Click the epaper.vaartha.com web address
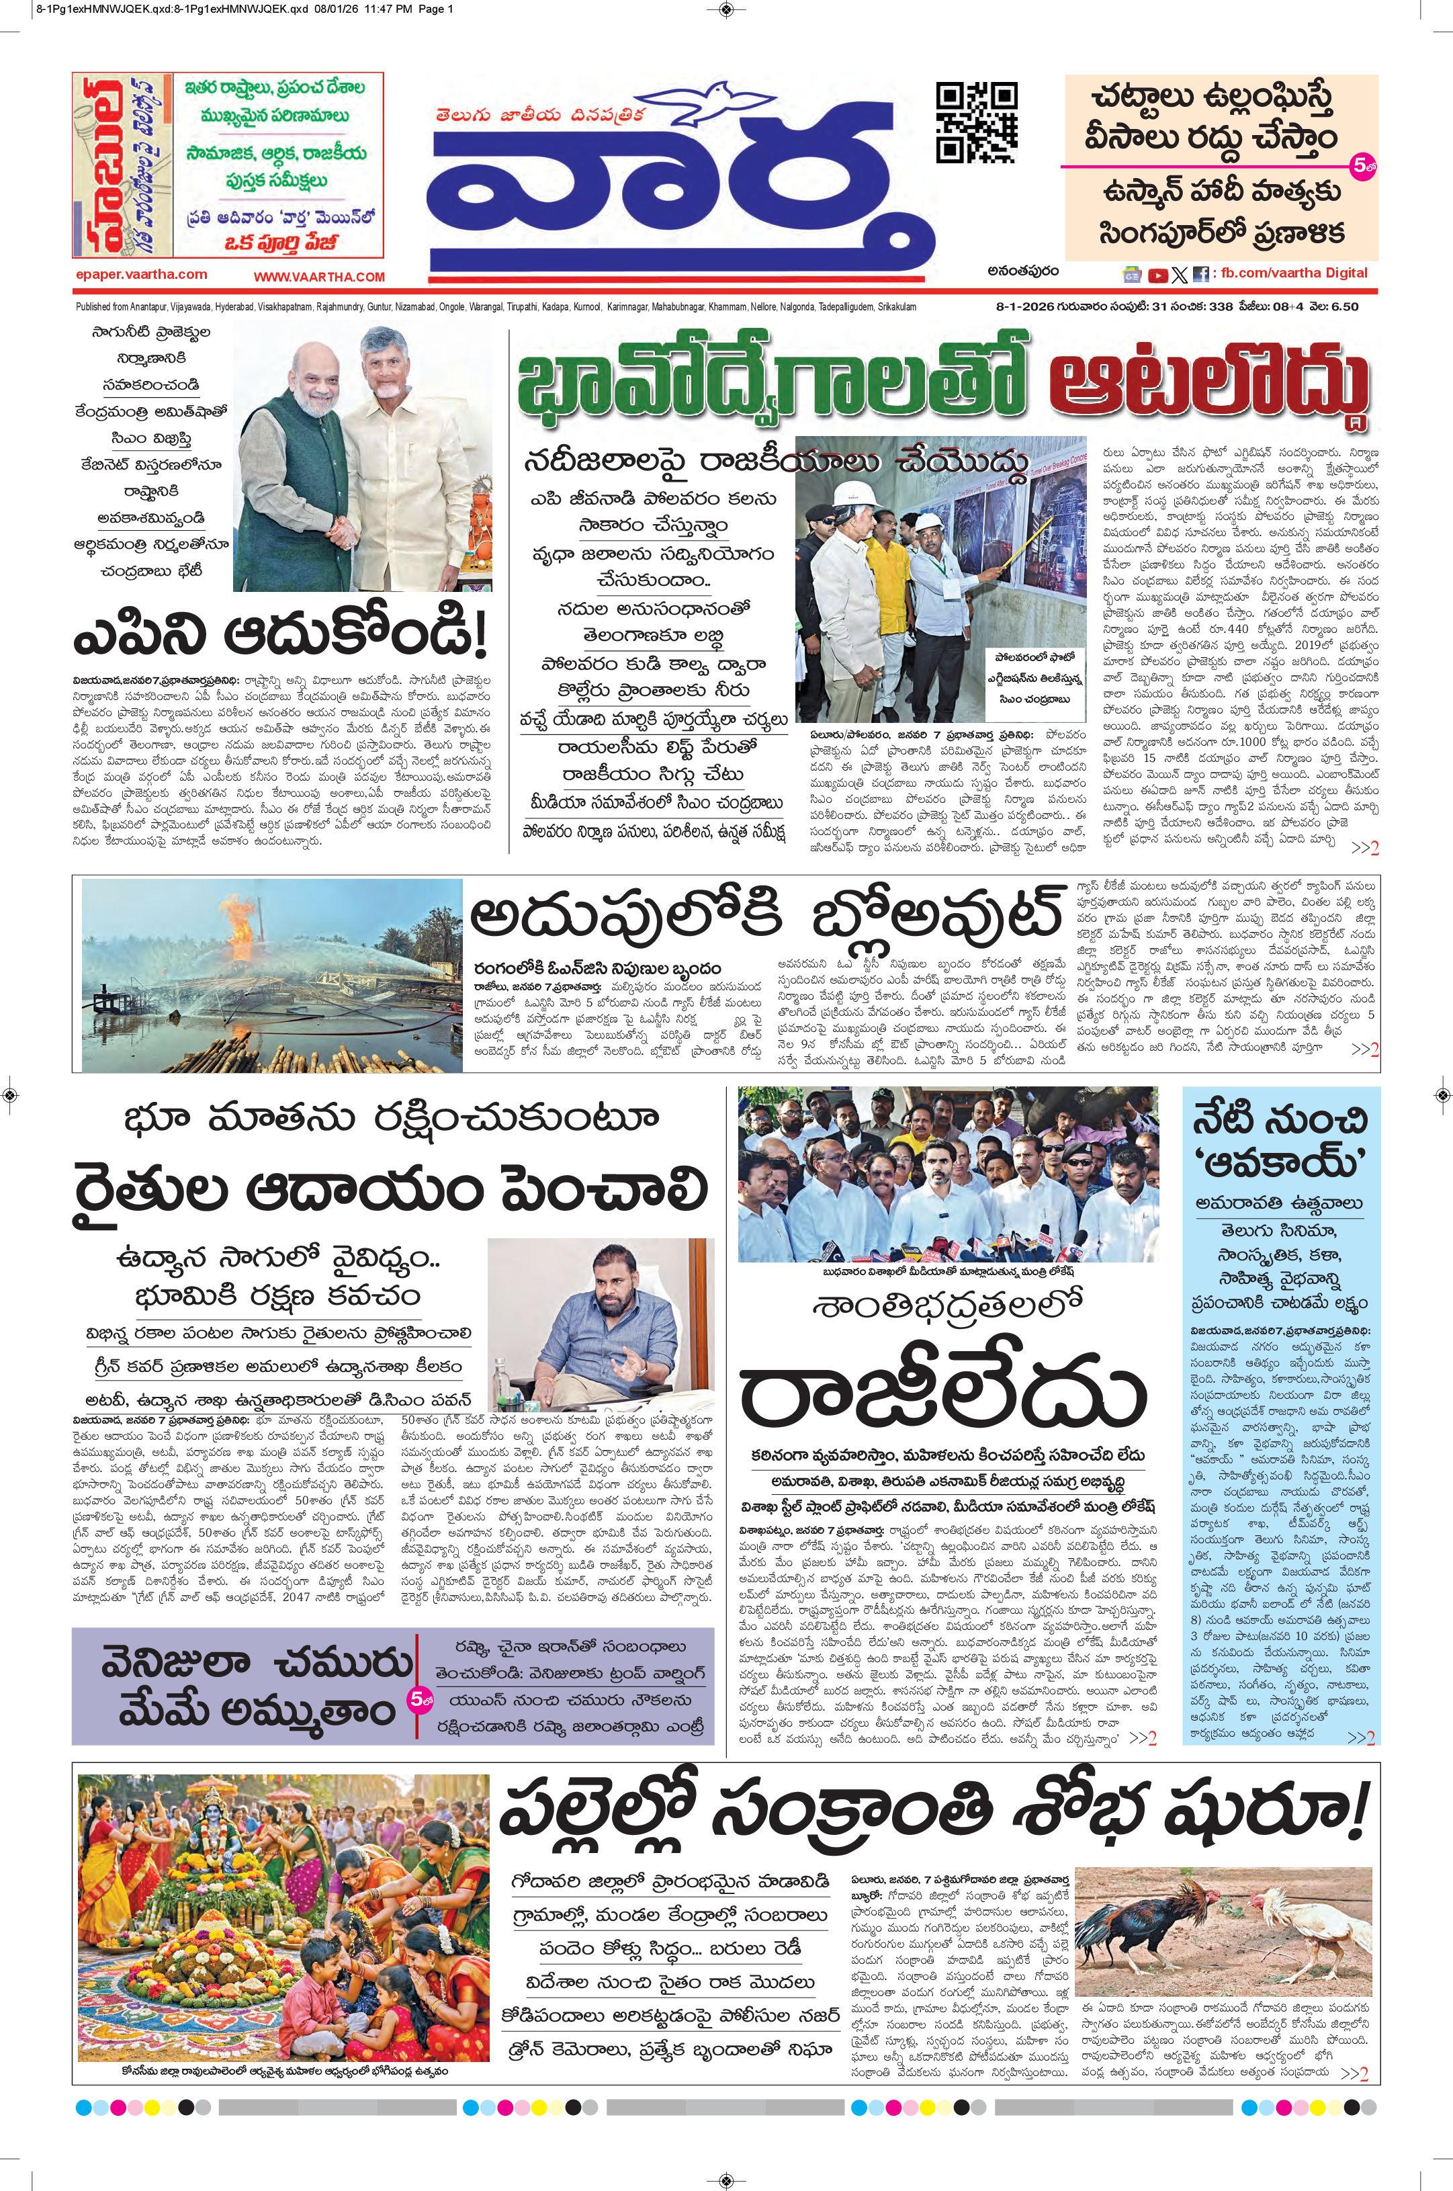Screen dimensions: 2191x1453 (142, 274)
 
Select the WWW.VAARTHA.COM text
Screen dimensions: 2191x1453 (319, 276)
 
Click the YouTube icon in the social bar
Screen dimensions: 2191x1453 (1157, 274)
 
